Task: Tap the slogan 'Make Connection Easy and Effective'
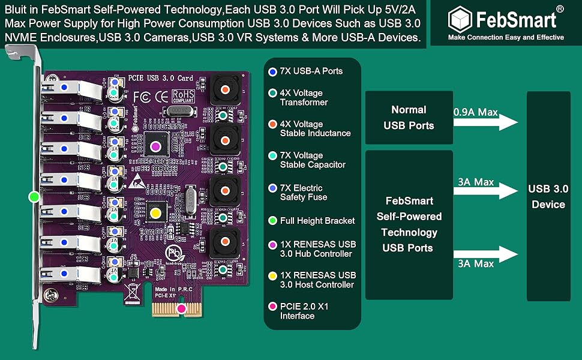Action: pos(506,37)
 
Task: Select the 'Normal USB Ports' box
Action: pos(409,118)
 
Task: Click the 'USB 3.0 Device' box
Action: pos(548,196)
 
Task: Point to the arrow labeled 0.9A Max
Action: pos(485,122)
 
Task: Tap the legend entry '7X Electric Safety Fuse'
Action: pos(303,193)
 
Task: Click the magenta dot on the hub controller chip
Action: pos(155,145)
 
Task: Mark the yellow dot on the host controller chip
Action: pos(155,212)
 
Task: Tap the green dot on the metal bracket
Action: pos(34,196)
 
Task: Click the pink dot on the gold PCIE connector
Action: pos(180,310)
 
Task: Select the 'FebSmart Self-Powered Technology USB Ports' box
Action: pos(409,224)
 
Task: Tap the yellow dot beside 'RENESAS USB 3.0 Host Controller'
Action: pos(273,275)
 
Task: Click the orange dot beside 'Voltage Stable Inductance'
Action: pos(273,124)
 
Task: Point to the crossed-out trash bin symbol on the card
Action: pos(133,291)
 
